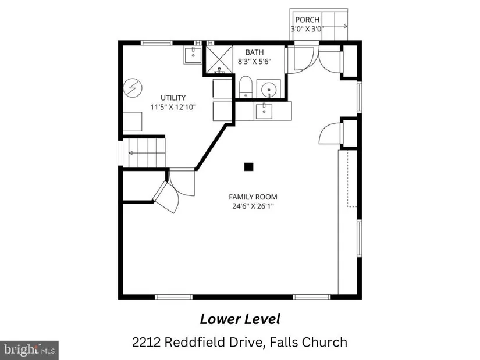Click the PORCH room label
tap(307, 20)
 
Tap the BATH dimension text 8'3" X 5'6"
tap(255, 61)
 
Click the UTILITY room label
tap(173, 98)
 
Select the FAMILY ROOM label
tap(253, 197)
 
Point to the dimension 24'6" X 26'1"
tap(253, 206)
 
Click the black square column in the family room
tap(248, 167)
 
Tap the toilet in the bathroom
tap(245, 86)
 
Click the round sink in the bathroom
tap(269, 89)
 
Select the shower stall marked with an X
tap(219, 59)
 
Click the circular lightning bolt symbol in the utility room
tap(133, 88)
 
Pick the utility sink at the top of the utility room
tap(193, 55)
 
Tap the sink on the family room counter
tap(263, 111)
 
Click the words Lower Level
tap(240, 319)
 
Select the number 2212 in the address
tap(146, 342)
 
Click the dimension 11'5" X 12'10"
tap(173, 107)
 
